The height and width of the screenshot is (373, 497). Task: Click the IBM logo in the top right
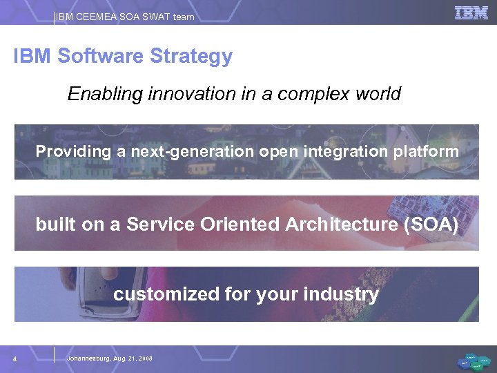tap(471, 12)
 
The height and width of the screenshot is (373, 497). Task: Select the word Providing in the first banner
tap(74, 151)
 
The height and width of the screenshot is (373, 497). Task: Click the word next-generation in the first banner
tap(189, 151)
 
